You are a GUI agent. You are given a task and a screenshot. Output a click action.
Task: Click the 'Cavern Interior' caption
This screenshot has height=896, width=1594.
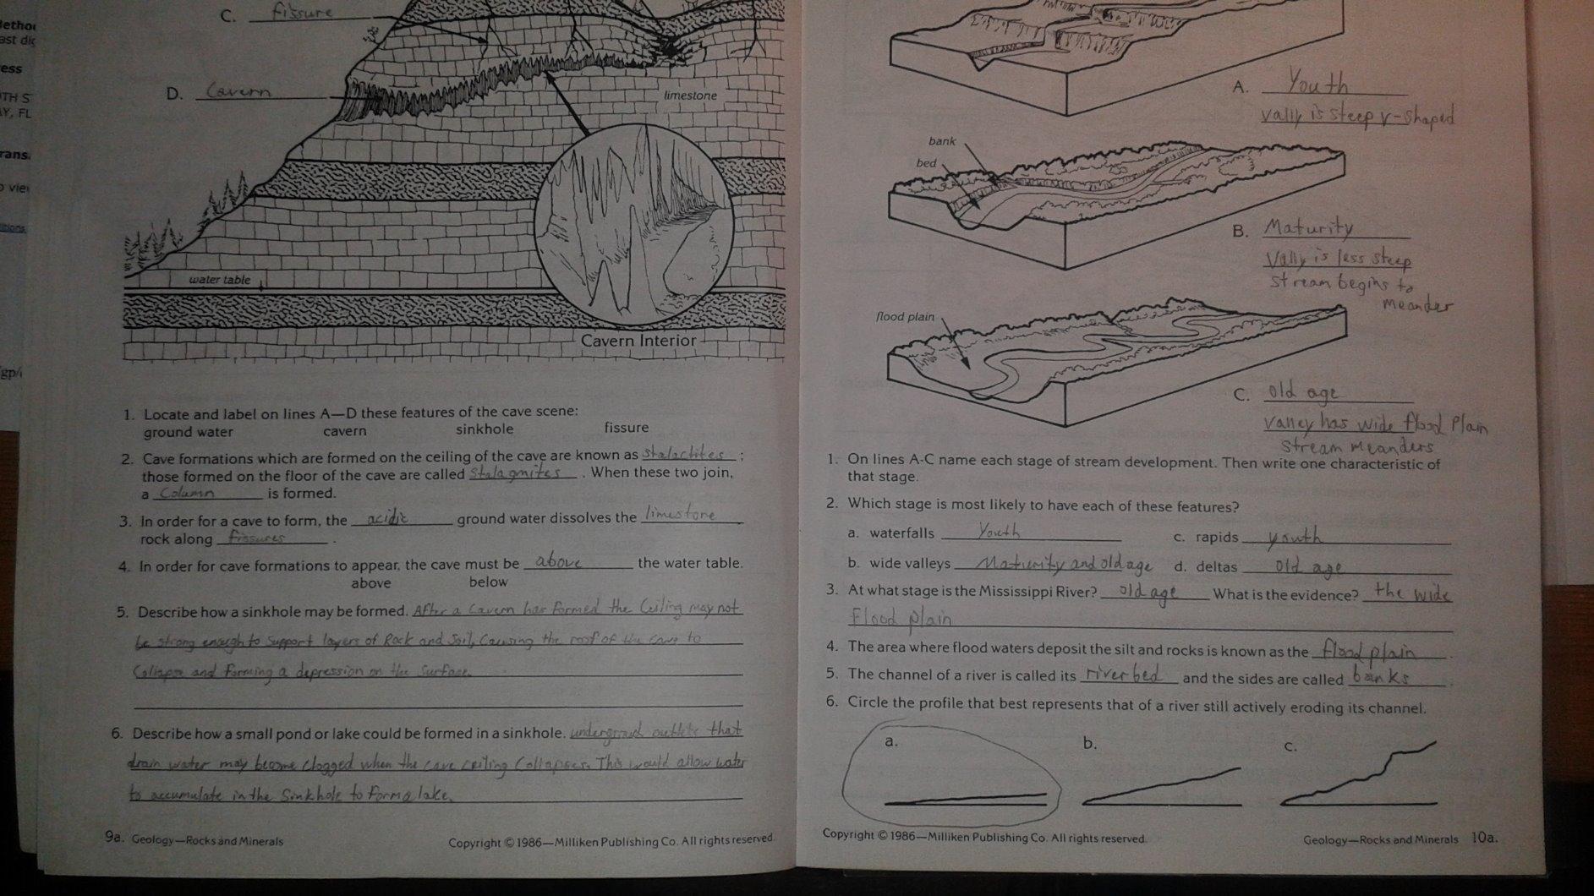[638, 341]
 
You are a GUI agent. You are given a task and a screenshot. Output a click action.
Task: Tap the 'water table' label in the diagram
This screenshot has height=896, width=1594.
[219, 280]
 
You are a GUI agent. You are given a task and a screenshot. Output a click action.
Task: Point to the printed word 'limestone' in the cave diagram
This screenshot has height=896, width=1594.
[690, 96]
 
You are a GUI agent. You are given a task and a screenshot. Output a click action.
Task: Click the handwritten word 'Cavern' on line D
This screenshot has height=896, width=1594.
[239, 90]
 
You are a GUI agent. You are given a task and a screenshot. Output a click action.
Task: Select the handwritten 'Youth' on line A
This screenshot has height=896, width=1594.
[1317, 83]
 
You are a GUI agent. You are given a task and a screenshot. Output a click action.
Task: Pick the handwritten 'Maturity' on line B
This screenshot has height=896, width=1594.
[1308, 227]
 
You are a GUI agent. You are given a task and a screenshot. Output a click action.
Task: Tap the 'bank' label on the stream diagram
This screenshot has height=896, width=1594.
[941, 141]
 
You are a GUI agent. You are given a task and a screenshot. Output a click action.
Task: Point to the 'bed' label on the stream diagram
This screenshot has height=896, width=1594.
[926, 162]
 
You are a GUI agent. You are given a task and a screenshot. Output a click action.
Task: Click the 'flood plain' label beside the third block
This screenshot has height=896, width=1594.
[905, 317]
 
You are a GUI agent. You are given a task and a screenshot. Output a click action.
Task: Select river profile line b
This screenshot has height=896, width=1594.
[1161, 785]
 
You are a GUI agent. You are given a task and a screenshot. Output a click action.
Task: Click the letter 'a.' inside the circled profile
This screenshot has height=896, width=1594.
[890, 741]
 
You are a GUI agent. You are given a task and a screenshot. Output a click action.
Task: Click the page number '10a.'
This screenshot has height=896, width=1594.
[1484, 838]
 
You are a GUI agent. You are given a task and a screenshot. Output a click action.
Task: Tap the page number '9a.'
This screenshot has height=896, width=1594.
[114, 837]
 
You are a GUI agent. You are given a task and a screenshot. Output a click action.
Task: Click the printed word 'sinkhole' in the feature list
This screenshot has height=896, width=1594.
[484, 429]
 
